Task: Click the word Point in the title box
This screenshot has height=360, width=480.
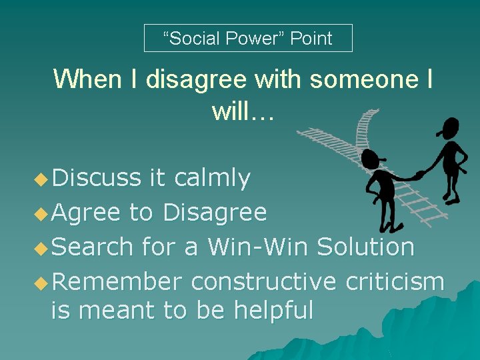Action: click(x=311, y=39)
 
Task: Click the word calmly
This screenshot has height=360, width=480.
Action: click(x=211, y=179)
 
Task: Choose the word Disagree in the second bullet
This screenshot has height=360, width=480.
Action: click(x=215, y=213)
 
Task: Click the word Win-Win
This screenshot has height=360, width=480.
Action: click(x=258, y=247)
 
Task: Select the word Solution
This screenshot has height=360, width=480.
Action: click(x=365, y=247)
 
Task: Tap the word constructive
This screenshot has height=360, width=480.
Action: click(x=263, y=282)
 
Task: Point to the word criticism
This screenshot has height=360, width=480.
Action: click(x=395, y=282)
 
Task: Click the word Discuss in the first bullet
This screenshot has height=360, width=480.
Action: click(x=97, y=179)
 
